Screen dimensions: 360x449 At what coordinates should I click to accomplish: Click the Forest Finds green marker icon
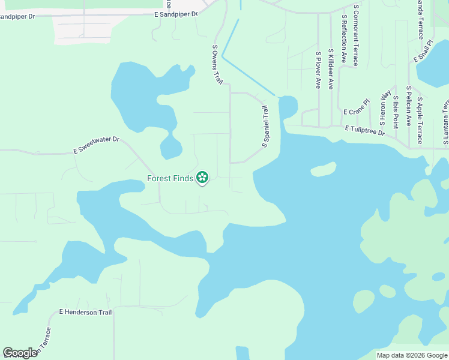[x=203, y=177]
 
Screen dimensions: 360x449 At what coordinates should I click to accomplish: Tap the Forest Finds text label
[x=170, y=178]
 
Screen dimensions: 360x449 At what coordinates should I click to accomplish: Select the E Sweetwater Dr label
[x=97, y=145]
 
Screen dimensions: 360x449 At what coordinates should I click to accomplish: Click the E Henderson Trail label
[x=85, y=312]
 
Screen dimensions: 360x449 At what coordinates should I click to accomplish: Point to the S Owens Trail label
[x=218, y=65]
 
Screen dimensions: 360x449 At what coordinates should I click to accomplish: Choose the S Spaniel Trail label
[x=265, y=127]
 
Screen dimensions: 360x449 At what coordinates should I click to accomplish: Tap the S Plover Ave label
[x=318, y=70]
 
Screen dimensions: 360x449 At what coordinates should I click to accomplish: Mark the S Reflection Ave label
[x=344, y=40]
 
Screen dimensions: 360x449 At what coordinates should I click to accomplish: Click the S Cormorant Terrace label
[x=356, y=35]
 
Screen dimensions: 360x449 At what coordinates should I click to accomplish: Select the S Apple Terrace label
[x=420, y=121]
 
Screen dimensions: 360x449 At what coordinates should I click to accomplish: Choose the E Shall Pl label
[x=423, y=52]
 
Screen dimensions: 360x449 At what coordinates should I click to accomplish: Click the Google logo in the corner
[x=20, y=353]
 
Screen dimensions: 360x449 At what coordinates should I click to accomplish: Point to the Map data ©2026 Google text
[x=412, y=355]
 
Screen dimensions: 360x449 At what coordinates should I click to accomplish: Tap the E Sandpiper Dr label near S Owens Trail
[x=176, y=14]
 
